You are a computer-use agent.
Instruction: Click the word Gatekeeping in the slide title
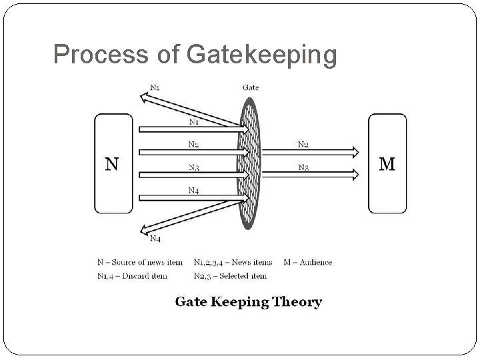262,55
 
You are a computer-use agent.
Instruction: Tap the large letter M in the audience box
387,163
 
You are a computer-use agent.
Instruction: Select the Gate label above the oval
251,87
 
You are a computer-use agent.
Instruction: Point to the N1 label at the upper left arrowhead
155,85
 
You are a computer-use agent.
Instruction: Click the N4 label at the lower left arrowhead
155,238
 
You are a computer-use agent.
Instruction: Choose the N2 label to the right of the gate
303,144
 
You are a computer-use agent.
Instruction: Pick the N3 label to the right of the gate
303,167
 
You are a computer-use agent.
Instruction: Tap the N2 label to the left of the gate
193,144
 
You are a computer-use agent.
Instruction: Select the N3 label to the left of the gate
193,167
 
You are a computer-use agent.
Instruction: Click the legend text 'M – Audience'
307,262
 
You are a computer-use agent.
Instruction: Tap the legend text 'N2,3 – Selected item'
230,275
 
